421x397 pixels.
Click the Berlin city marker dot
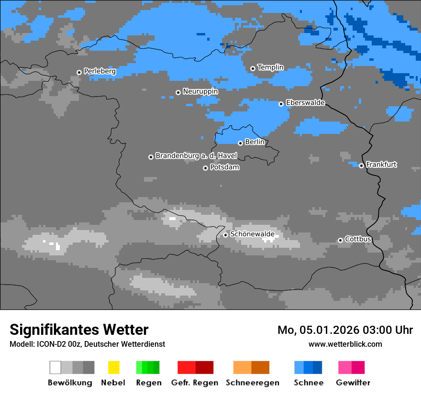(240, 143)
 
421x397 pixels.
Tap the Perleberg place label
(100, 71)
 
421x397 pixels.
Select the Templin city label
(270, 67)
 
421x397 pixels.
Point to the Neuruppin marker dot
(178, 92)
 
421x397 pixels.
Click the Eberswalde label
(305, 103)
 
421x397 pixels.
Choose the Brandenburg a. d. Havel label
(196, 156)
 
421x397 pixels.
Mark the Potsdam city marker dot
(205, 168)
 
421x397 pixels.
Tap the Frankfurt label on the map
(381, 165)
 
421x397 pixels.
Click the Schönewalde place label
(252, 234)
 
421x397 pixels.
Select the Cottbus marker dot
(340, 240)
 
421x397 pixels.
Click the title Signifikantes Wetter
(79, 330)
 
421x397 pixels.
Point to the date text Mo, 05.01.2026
(319, 330)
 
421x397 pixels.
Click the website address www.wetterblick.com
(345, 344)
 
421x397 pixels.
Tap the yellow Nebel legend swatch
(113, 367)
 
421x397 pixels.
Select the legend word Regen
(147, 383)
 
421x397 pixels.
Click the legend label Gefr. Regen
(195, 383)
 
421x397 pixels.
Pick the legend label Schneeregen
(252, 383)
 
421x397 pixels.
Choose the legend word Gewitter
(353, 383)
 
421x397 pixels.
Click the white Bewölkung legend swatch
(55, 367)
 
